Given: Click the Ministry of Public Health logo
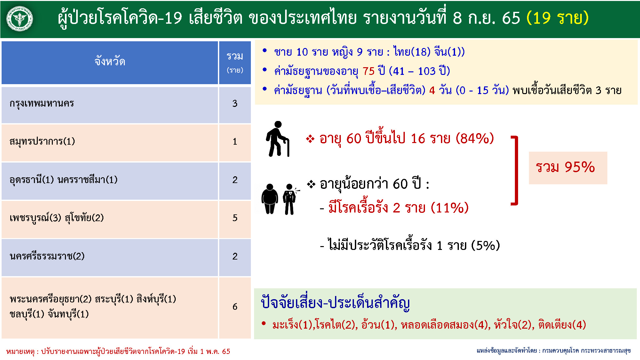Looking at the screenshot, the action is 20,19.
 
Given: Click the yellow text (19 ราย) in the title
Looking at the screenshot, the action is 557,18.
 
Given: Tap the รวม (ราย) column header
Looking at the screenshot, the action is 235,63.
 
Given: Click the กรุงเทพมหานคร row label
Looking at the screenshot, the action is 42,104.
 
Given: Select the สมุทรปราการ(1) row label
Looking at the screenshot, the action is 42,141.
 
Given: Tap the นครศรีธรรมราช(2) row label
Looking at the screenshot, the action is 47,256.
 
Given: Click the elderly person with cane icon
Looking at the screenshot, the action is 277,139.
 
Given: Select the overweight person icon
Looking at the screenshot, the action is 270,199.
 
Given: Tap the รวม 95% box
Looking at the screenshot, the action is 568,168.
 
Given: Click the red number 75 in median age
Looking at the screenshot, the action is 368,71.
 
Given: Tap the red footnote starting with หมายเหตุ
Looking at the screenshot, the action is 118,351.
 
